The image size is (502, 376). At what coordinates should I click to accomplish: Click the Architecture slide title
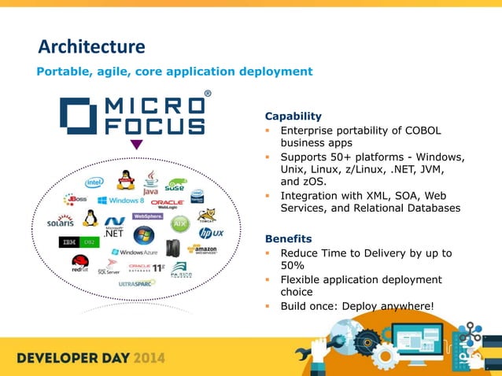[x=92, y=46]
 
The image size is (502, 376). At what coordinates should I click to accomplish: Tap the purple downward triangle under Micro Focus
[x=136, y=145]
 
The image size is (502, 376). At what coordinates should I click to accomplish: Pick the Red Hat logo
[x=80, y=262]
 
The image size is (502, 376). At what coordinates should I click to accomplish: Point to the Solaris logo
[x=61, y=222]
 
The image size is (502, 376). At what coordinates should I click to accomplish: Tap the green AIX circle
[x=180, y=223]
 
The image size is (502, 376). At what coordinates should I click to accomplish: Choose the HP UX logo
[x=211, y=234]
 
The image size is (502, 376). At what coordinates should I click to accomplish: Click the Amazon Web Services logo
[x=201, y=250]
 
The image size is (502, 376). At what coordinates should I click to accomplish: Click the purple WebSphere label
[x=148, y=216]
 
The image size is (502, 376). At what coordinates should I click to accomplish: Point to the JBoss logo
[x=75, y=198]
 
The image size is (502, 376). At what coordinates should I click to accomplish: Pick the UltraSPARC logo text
[x=137, y=284]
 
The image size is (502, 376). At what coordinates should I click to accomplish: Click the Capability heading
[x=293, y=116]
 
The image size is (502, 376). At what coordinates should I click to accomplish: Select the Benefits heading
[x=288, y=238]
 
